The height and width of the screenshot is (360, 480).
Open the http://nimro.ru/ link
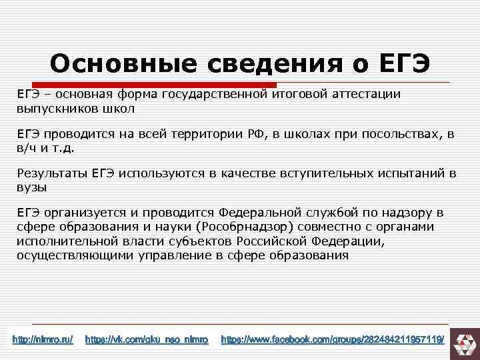pos(43,340)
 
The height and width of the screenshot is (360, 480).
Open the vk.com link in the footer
pos(147,340)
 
